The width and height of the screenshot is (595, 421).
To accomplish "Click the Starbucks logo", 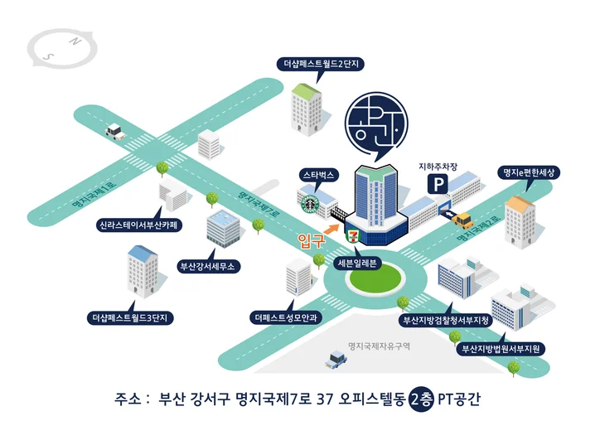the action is [x=309, y=204].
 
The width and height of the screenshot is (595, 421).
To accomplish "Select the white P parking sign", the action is [x=438, y=185].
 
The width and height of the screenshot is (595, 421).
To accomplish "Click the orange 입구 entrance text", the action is [x=311, y=240].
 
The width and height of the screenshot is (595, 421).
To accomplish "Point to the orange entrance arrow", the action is [x=331, y=228].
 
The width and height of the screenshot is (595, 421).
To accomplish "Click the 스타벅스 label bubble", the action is [x=318, y=175].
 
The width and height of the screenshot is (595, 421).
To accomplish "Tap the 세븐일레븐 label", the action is [x=357, y=263].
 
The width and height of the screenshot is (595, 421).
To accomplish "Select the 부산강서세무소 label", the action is [x=209, y=266].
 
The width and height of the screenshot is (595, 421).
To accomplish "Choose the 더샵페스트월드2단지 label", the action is [x=322, y=63].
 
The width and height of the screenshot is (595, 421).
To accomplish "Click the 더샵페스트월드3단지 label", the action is [x=130, y=317].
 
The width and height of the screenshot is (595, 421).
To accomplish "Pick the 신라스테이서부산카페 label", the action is [x=139, y=225].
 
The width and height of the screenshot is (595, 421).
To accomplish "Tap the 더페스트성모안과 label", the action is [x=286, y=317].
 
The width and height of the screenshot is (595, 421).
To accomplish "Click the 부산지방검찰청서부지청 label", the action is [x=446, y=320].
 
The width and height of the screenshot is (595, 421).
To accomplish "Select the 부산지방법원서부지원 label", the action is [x=501, y=349].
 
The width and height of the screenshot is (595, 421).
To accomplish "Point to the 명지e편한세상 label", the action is [x=529, y=173].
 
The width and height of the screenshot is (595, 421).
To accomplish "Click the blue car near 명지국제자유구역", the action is [x=336, y=359].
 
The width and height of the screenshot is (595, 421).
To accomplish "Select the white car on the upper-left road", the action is [x=115, y=132].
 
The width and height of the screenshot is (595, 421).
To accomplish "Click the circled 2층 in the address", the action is [x=421, y=399].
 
